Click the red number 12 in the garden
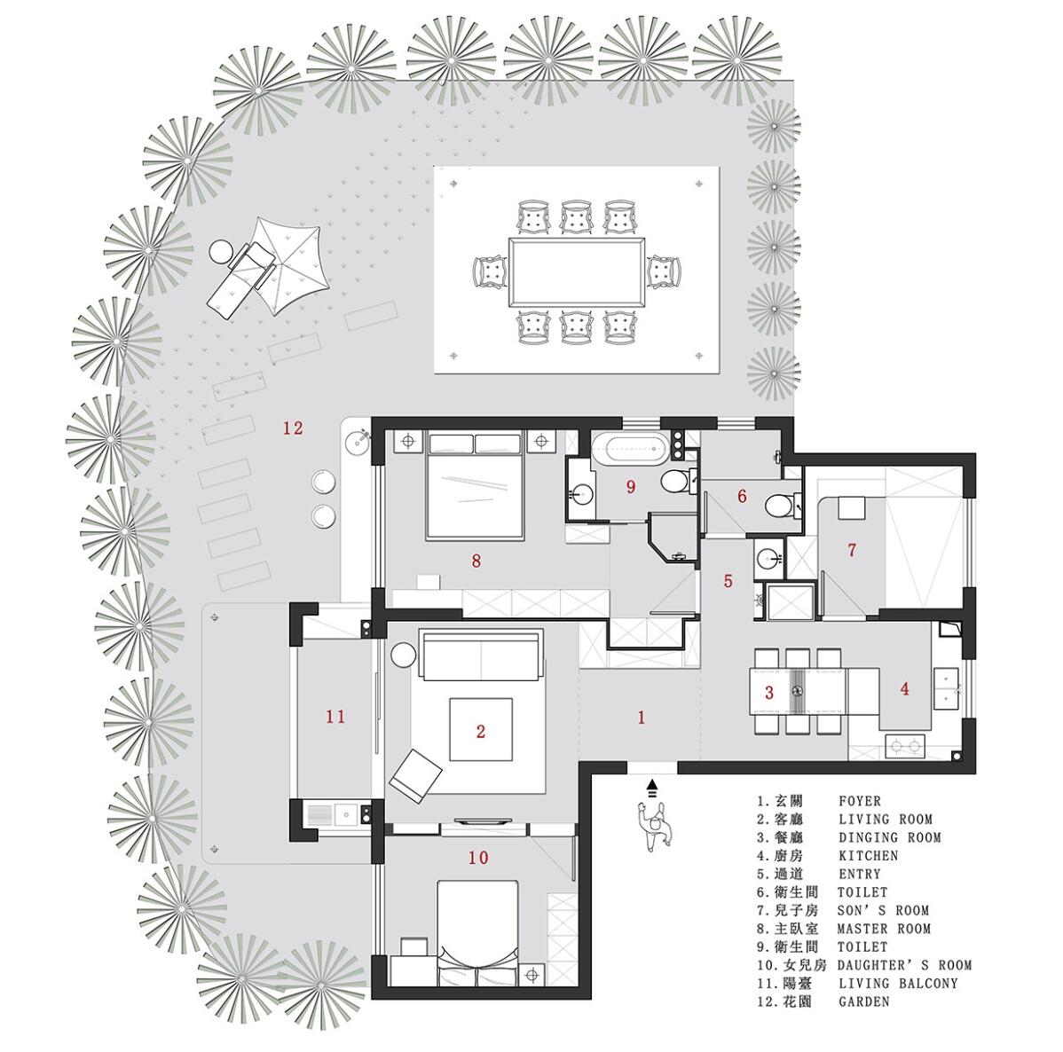tap(293, 428)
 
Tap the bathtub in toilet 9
tap(628, 449)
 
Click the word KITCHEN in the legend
tap(868, 855)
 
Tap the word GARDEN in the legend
tap(863, 1001)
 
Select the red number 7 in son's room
tap(852, 550)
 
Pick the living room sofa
tap(481, 654)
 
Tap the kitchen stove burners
tap(905, 746)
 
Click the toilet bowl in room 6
tap(778, 505)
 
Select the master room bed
tap(475, 486)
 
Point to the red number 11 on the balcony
tap(335, 716)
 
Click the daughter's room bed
tap(477, 933)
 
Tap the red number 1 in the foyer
tap(642, 717)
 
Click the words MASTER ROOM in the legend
tap(884, 929)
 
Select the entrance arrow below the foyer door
tap(652, 787)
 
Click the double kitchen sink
tap(946, 688)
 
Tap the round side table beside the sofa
tap(404, 656)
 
